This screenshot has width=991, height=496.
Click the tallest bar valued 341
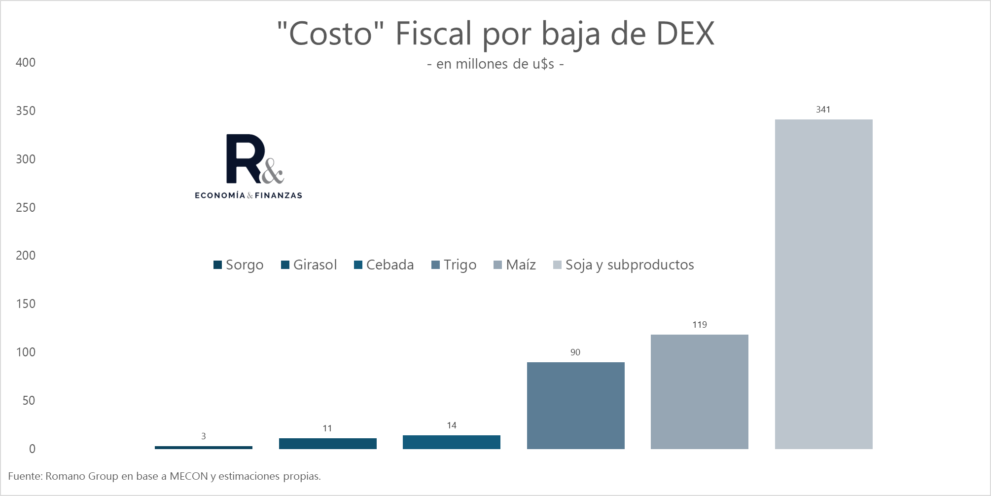[823, 284]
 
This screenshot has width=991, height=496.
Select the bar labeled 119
[699, 391]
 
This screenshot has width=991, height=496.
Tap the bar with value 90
[575, 405]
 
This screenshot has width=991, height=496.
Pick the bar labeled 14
[451, 442]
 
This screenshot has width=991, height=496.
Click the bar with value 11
[327, 443]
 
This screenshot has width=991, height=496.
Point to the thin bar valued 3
[203, 447]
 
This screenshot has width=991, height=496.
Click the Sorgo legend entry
[239, 265]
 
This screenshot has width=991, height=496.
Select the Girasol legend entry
[309, 265]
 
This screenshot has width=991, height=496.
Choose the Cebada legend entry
[384, 265]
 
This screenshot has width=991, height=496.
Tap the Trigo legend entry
[454, 265]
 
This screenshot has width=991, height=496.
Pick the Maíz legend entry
[515, 265]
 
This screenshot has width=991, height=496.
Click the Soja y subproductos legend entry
[624, 265]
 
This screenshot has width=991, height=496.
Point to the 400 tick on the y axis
[26, 63]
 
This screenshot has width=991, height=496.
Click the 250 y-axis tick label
[26, 207]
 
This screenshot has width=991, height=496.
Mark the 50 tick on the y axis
[29, 400]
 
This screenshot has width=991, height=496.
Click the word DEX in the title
[685, 34]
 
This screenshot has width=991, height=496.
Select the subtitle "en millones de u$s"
[495, 64]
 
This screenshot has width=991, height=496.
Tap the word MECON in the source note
[189, 476]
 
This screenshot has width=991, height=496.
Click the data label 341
[823, 110]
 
